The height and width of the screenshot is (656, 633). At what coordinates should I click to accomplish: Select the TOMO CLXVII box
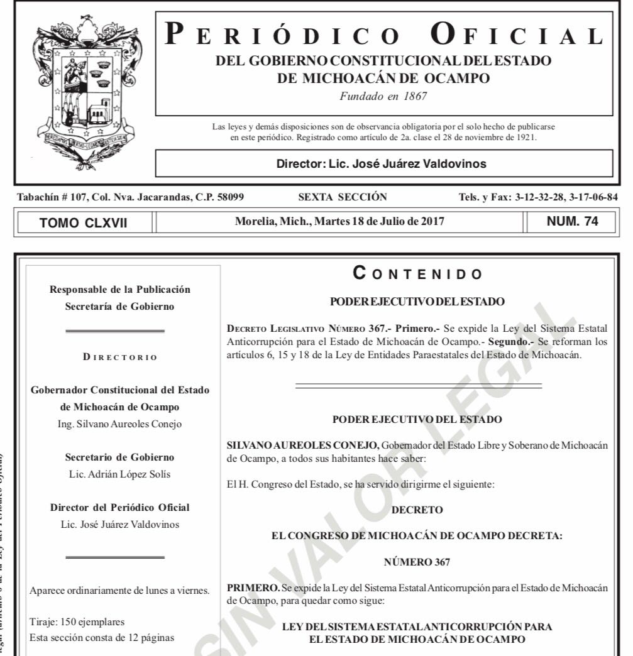pos(84,222)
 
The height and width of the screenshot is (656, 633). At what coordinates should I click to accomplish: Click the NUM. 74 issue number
pos(573,221)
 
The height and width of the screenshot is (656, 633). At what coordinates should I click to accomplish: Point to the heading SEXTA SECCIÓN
pos(343,197)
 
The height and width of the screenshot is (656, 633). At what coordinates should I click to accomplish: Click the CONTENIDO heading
pos(417,274)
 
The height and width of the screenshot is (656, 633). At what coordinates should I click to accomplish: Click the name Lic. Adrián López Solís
pos(119,474)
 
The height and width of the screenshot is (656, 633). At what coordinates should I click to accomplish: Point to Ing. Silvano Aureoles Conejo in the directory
pos(119,424)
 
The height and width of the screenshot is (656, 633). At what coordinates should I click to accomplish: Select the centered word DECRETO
pos(417,510)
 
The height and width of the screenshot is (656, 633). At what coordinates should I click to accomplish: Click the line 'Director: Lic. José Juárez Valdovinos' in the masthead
pos(382,164)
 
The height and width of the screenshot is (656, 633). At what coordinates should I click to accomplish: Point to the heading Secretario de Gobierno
pos(119,457)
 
